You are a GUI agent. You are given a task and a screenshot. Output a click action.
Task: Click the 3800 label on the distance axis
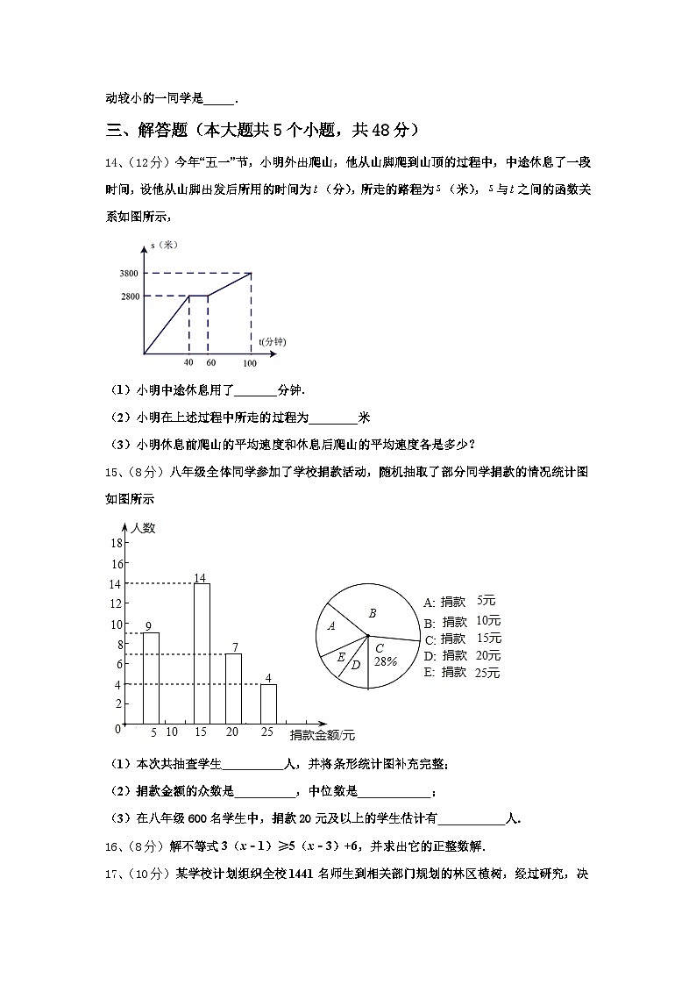click(130, 274)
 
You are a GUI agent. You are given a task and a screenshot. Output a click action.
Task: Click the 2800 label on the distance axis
click(130, 296)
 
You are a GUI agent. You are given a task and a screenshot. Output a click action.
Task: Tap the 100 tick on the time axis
click(250, 363)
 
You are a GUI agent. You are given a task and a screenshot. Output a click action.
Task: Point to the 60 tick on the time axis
click(210, 363)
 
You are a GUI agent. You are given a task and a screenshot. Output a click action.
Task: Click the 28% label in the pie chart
click(386, 661)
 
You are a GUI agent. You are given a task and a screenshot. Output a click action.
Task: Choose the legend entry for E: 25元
click(461, 673)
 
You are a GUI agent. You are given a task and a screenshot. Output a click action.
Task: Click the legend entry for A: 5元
click(459, 602)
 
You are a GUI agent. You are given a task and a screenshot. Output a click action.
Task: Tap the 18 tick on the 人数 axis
click(116, 543)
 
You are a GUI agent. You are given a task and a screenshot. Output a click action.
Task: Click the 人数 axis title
click(143, 528)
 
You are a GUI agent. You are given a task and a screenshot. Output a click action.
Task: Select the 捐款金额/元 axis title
click(322, 734)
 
